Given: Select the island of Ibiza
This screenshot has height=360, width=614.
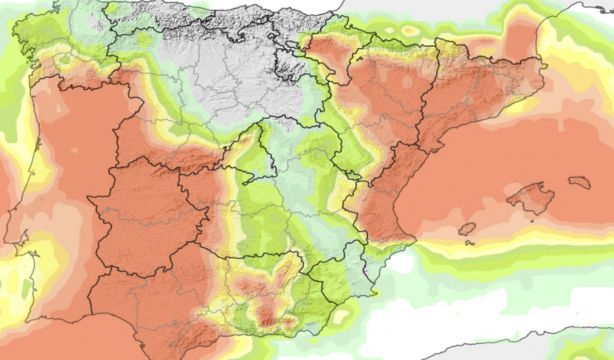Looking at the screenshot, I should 467,229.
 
